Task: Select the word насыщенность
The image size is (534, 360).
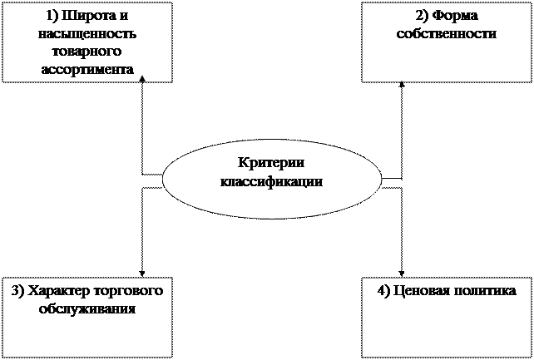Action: coord(87,35)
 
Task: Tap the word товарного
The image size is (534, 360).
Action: coord(87,52)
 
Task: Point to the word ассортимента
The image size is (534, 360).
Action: coord(87,70)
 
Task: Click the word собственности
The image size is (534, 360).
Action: coord(447,35)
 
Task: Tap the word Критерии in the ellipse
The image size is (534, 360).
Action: coord(271,164)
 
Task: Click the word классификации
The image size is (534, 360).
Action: coord(271,181)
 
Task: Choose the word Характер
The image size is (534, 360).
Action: coord(62,291)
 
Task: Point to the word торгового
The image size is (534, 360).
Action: coord(131,291)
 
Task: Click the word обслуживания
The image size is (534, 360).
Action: coord(87,308)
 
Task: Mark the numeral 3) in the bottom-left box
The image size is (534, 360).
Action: coord(18,291)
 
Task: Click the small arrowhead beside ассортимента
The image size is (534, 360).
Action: coord(142,77)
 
